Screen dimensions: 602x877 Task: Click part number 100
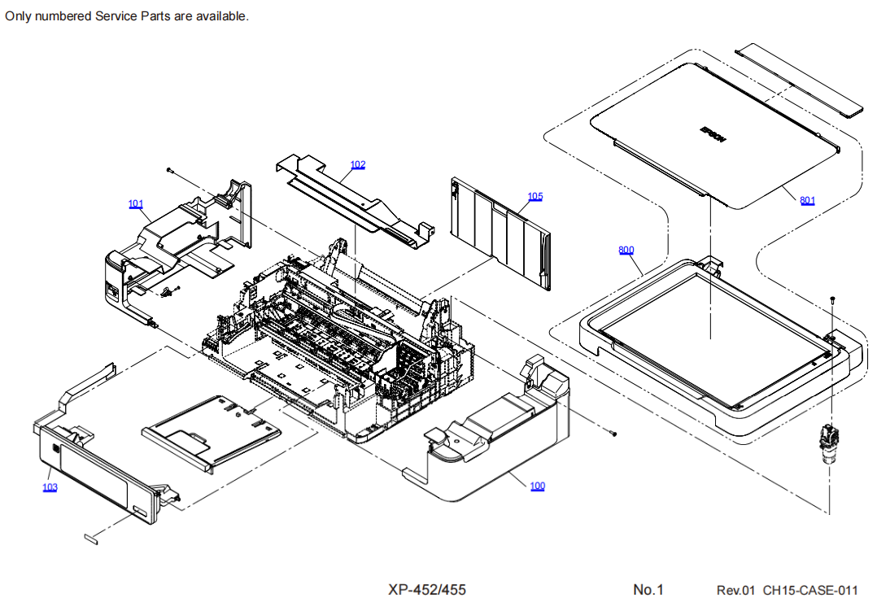[x=537, y=486]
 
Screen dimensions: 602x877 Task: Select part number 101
[x=136, y=203]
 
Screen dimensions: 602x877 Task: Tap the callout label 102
[x=358, y=164]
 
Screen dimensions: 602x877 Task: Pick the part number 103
[x=50, y=487]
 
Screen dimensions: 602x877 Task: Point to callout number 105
[x=534, y=196]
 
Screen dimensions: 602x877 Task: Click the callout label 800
[x=626, y=250]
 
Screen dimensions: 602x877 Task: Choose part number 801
[x=807, y=199]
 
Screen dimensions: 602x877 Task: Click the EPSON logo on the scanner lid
[x=712, y=133]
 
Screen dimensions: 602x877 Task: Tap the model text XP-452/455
[x=427, y=590]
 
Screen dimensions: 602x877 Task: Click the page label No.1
[x=648, y=590]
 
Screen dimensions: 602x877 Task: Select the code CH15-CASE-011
[x=810, y=590]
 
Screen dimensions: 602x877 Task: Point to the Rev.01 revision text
[x=736, y=590]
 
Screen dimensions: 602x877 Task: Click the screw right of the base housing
[x=614, y=433]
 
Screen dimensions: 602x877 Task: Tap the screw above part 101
[x=168, y=170]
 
